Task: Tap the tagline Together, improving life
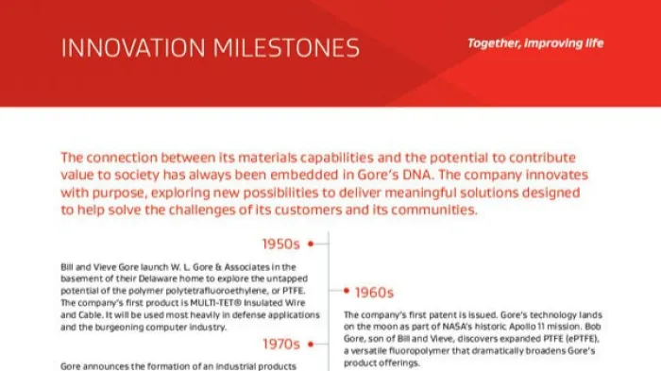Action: click(x=535, y=43)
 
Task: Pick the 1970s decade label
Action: click(x=281, y=344)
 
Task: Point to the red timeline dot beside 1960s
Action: click(x=346, y=292)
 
